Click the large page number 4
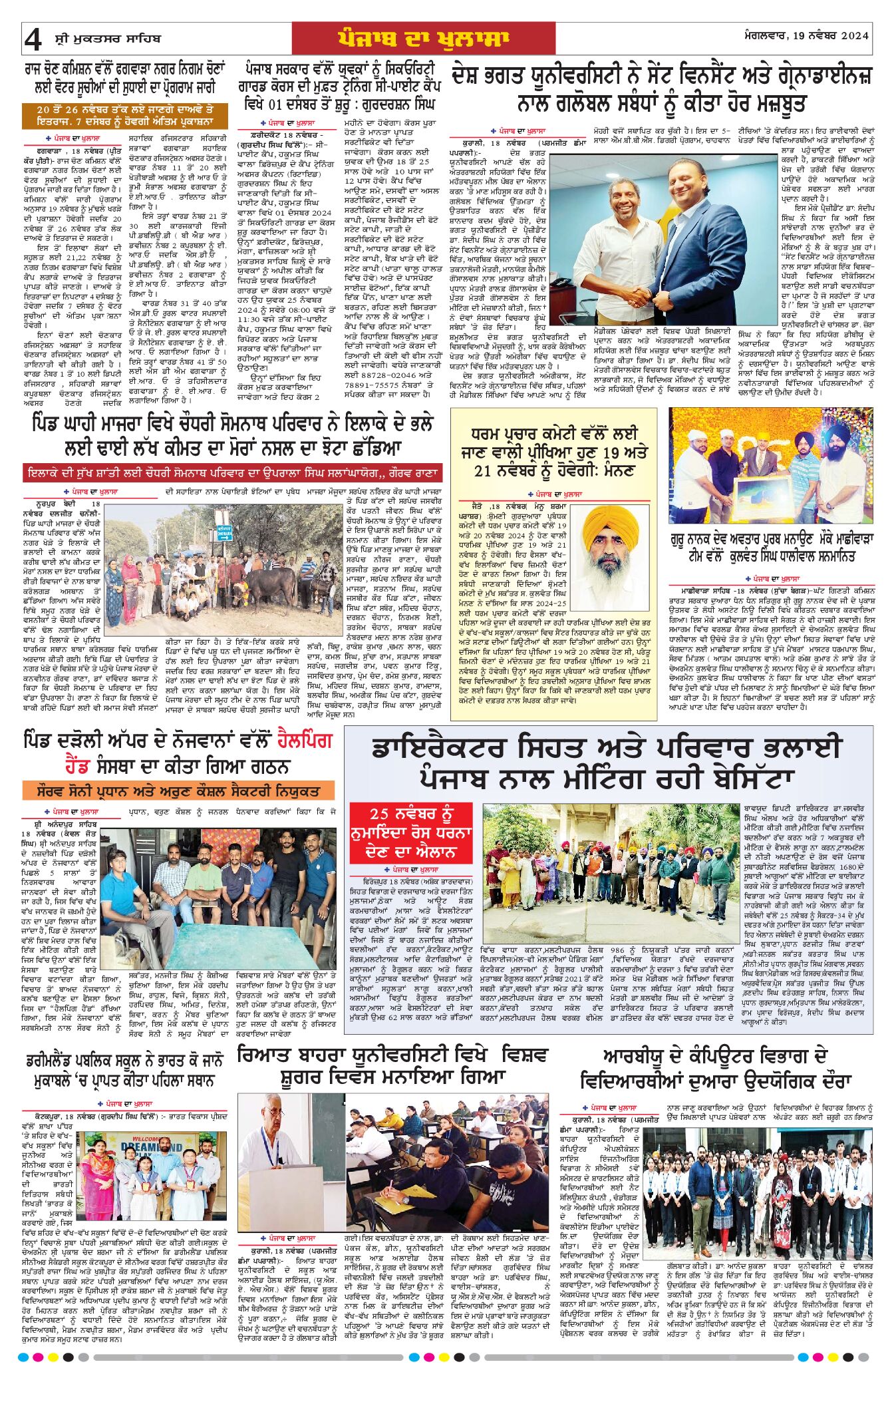coord(33,40)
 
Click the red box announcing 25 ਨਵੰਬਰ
coord(411,832)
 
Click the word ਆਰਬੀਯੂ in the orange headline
coord(635,1056)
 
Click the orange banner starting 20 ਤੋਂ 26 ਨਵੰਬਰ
coord(125,115)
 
